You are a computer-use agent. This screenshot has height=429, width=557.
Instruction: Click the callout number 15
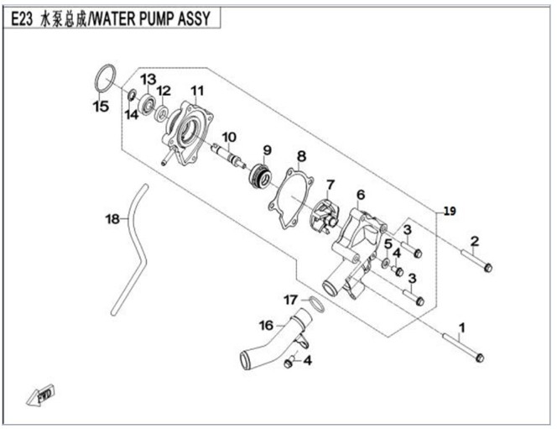pyautogui.click(x=100, y=107)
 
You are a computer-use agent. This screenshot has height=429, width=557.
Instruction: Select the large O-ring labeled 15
pyautogui.click(x=105, y=76)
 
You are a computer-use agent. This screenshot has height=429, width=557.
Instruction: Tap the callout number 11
pyautogui.click(x=197, y=91)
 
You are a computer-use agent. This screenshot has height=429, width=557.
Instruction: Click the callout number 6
pyautogui.click(x=360, y=196)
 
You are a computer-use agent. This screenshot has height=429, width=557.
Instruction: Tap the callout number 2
pyautogui.click(x=474, y=242)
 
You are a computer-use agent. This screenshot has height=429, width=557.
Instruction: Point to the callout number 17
pyautogui.click(x=289, y=299)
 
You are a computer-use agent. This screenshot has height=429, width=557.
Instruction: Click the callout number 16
pyautogui.click(x=265, y=325)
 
